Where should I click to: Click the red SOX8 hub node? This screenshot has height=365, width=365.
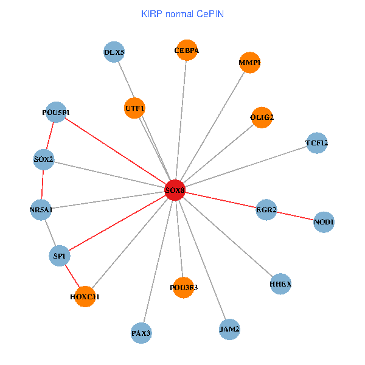tap(175, 190)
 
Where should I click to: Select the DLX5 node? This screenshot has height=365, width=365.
tap(114, 52)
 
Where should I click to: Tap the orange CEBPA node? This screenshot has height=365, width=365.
tap(186, 50)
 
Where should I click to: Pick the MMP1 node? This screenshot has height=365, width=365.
tap(249, 63)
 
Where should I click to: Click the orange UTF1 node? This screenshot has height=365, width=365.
tap(134, 108)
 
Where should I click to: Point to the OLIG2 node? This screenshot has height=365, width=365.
tap(262, 117)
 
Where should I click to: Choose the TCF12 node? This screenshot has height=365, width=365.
tap(317, 144)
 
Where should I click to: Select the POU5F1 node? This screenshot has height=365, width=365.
tap(56, 112)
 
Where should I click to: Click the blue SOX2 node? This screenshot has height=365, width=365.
tap(44, 160)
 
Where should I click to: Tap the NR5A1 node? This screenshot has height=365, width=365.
tap(41, 210)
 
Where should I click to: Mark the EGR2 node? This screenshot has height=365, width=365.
tap(266, 210)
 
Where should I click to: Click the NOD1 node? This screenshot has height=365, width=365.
tap(324, 222)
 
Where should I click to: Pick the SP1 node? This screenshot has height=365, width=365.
tap(59, 256)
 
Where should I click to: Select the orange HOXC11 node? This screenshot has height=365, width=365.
tap(86, 297)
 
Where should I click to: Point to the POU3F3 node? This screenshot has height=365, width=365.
tap(184, 287)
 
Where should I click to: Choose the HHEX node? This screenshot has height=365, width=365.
tap(280, 283)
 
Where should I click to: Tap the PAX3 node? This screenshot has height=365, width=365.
tap(141, 333)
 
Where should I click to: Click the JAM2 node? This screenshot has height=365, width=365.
tap(229, 329)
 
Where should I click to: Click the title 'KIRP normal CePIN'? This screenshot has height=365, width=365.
tap(182, 13)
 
